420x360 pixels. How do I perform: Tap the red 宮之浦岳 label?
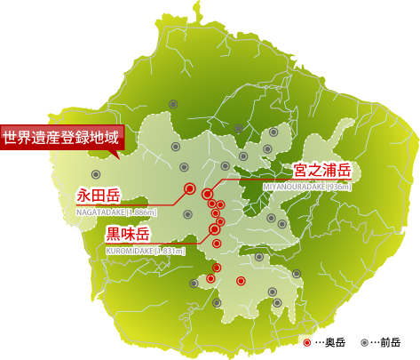point(322,170)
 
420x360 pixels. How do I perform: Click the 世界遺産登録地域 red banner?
point(60,138)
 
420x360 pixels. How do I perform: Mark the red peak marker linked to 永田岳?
point(189,188)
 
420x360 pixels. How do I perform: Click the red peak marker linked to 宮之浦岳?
point(207,194)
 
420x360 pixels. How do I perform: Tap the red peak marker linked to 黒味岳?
point(214,229)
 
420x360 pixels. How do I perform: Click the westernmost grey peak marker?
point(96,174)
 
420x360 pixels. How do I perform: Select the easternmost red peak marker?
point(241,281)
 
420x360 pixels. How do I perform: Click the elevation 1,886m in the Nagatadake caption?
point(141,212)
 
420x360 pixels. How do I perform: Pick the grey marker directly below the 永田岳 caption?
point(187,214)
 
